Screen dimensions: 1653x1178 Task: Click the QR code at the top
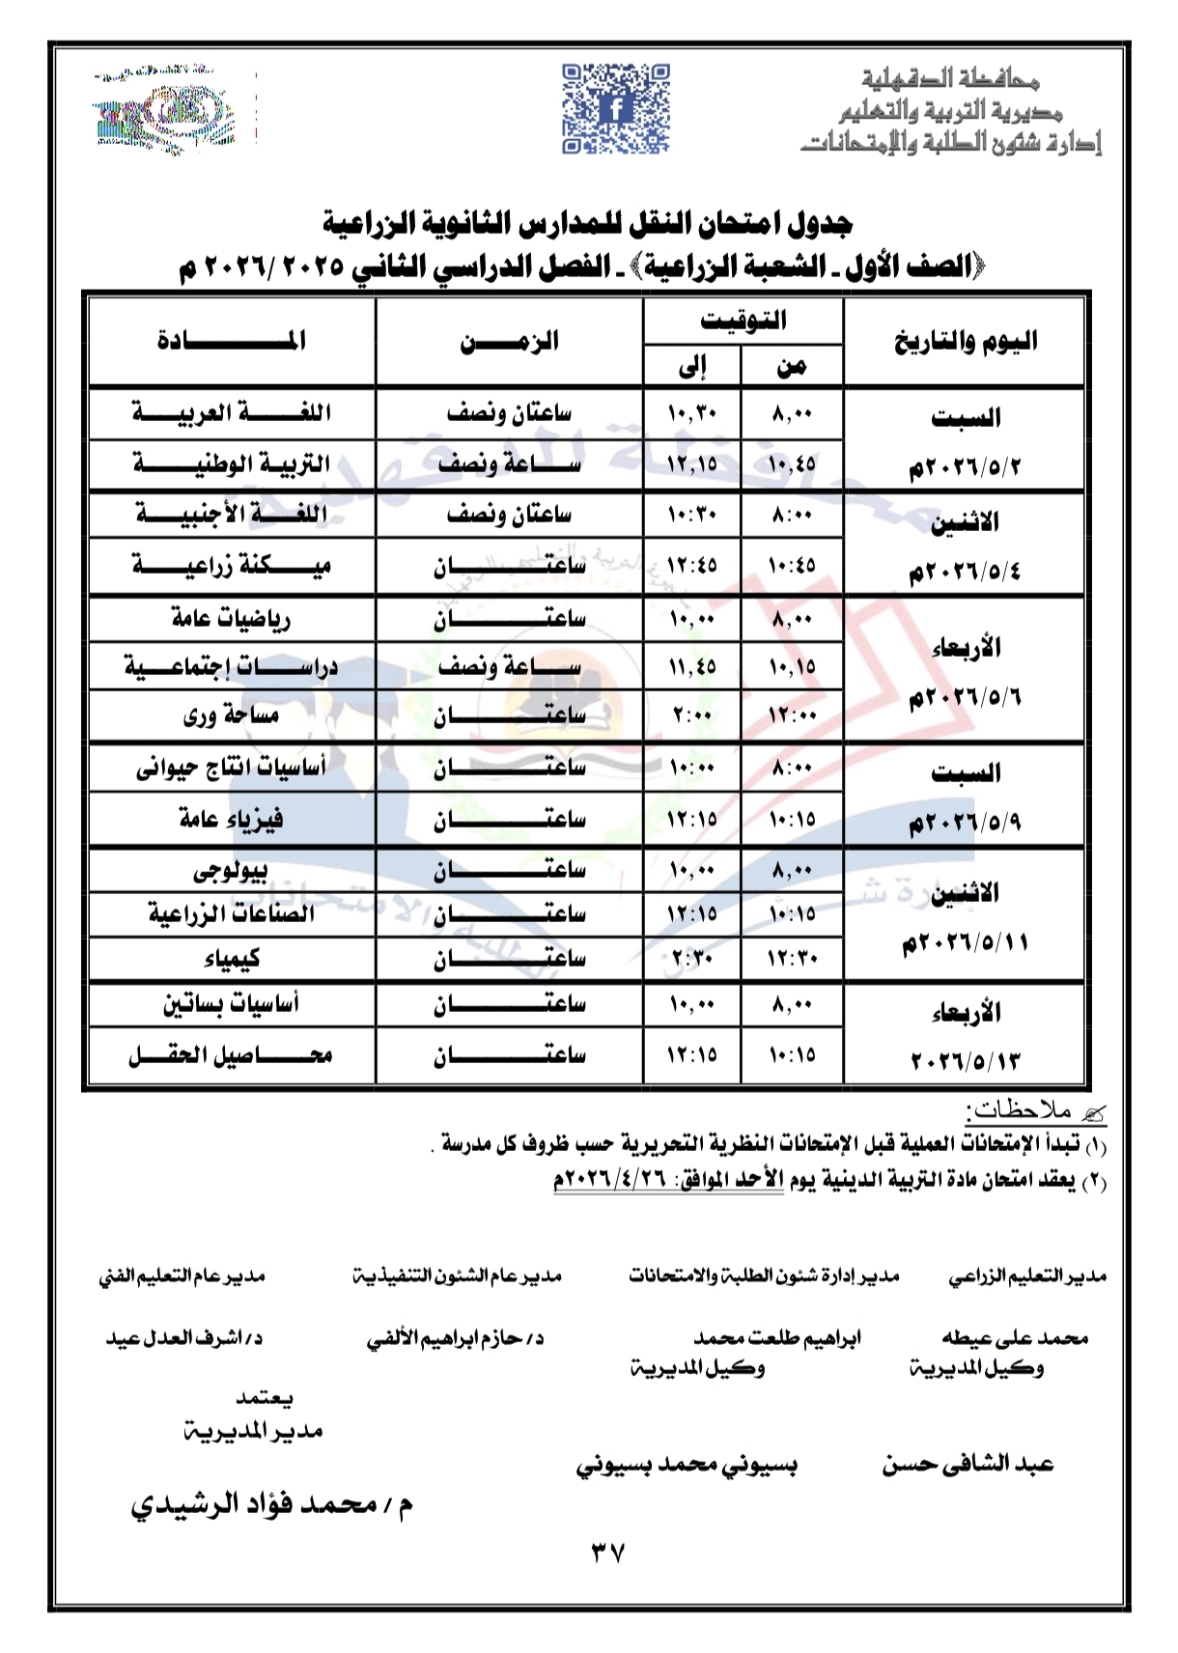click(615, 109)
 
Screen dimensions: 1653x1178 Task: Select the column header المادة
click(232, 341)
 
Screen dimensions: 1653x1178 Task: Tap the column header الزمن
click(509, 341)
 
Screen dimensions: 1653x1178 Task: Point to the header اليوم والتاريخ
click(965, 341)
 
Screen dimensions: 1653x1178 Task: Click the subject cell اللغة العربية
click(232, 413)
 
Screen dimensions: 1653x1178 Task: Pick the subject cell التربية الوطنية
click(232, 464)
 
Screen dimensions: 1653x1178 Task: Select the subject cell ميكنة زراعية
click(232, 565)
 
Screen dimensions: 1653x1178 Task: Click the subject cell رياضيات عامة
click(232, 618)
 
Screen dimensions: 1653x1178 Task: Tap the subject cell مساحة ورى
click(232, 715)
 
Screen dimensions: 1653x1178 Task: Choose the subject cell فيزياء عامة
click(232, 819)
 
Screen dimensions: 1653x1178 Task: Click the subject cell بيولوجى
click(232, 870)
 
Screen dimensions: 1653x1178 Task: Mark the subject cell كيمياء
click(232, 959)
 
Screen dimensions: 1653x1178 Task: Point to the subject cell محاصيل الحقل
click(232, 1055)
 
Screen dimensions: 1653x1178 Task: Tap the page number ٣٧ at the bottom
click(607, 1553)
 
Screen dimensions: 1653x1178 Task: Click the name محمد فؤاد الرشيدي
click(272, 1505)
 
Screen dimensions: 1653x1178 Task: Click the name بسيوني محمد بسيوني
click(687, 1465)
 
